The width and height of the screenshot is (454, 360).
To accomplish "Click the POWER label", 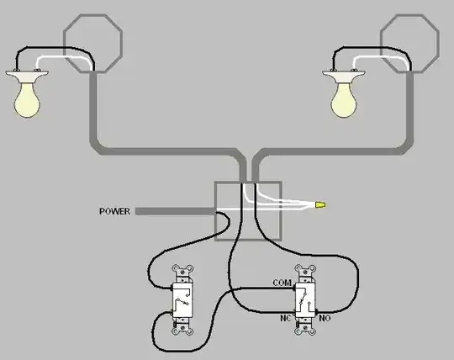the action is point(114,211).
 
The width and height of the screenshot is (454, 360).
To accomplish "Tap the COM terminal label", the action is point(282,283).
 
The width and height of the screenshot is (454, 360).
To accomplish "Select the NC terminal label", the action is point(285,318).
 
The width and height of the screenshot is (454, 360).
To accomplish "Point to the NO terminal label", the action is point(325,318).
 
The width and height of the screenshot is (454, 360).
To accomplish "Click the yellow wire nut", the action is point(320,205).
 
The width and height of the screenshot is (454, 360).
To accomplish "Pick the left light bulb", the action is point(27,99).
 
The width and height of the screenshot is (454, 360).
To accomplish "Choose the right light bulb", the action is point(344,99).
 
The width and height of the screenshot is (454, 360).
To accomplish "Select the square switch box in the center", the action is point(215,211).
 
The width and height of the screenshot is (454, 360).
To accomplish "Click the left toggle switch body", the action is point(182,300).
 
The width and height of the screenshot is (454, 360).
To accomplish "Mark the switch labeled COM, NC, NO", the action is point(305,300).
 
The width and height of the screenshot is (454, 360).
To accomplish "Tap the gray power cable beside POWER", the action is point(176,211).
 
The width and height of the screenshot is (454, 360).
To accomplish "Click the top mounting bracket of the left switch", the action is point(182,273).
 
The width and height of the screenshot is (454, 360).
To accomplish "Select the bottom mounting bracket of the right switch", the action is point(305,327).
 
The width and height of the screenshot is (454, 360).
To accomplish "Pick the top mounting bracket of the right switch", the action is point(305,273).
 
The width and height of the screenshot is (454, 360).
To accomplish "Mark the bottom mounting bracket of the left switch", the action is point(182,327).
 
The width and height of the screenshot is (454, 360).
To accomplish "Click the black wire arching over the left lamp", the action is point(55,47).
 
